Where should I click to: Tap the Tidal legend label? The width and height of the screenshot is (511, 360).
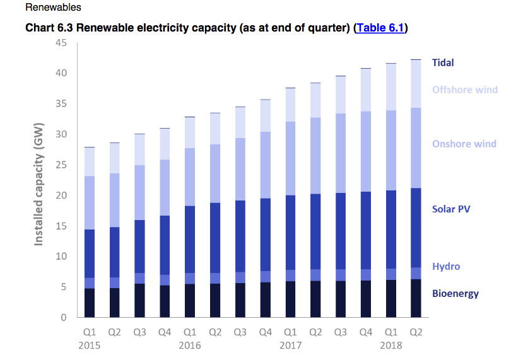[x=443, y=62]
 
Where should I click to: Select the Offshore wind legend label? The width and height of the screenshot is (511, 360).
[x=464, y=90]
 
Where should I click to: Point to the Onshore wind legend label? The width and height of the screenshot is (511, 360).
[x=464, y=144]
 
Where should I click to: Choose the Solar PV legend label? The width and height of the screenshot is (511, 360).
[x=451, y=209]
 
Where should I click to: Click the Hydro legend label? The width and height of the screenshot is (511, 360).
[x=445, y=266]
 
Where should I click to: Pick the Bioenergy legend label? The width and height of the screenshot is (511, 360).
[x=455, y=293]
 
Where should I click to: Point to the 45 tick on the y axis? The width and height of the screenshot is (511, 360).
[x=61, y=43]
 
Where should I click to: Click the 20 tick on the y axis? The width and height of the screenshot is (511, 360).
[x=61, y=195]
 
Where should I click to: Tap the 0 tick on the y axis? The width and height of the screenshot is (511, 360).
[x=64, y=318]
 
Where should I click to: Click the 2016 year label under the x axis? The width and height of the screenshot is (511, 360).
[x=189, y=345]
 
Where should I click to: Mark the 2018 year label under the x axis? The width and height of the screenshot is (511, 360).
[x=391, y=345]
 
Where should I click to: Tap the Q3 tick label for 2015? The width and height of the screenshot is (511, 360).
[x=139, y=332]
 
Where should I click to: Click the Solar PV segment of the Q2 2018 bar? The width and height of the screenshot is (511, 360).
[x=416, y=228]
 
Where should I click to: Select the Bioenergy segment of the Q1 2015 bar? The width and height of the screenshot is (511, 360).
[x=89, y=303]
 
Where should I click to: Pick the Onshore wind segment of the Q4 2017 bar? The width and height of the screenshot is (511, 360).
[x=365, y=151]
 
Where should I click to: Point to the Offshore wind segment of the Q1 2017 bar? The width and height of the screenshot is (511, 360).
[x=290, y=105]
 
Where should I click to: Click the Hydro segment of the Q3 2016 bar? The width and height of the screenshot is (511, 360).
[x=240, y=277]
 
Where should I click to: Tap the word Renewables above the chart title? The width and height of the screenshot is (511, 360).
[x=53, y=8]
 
